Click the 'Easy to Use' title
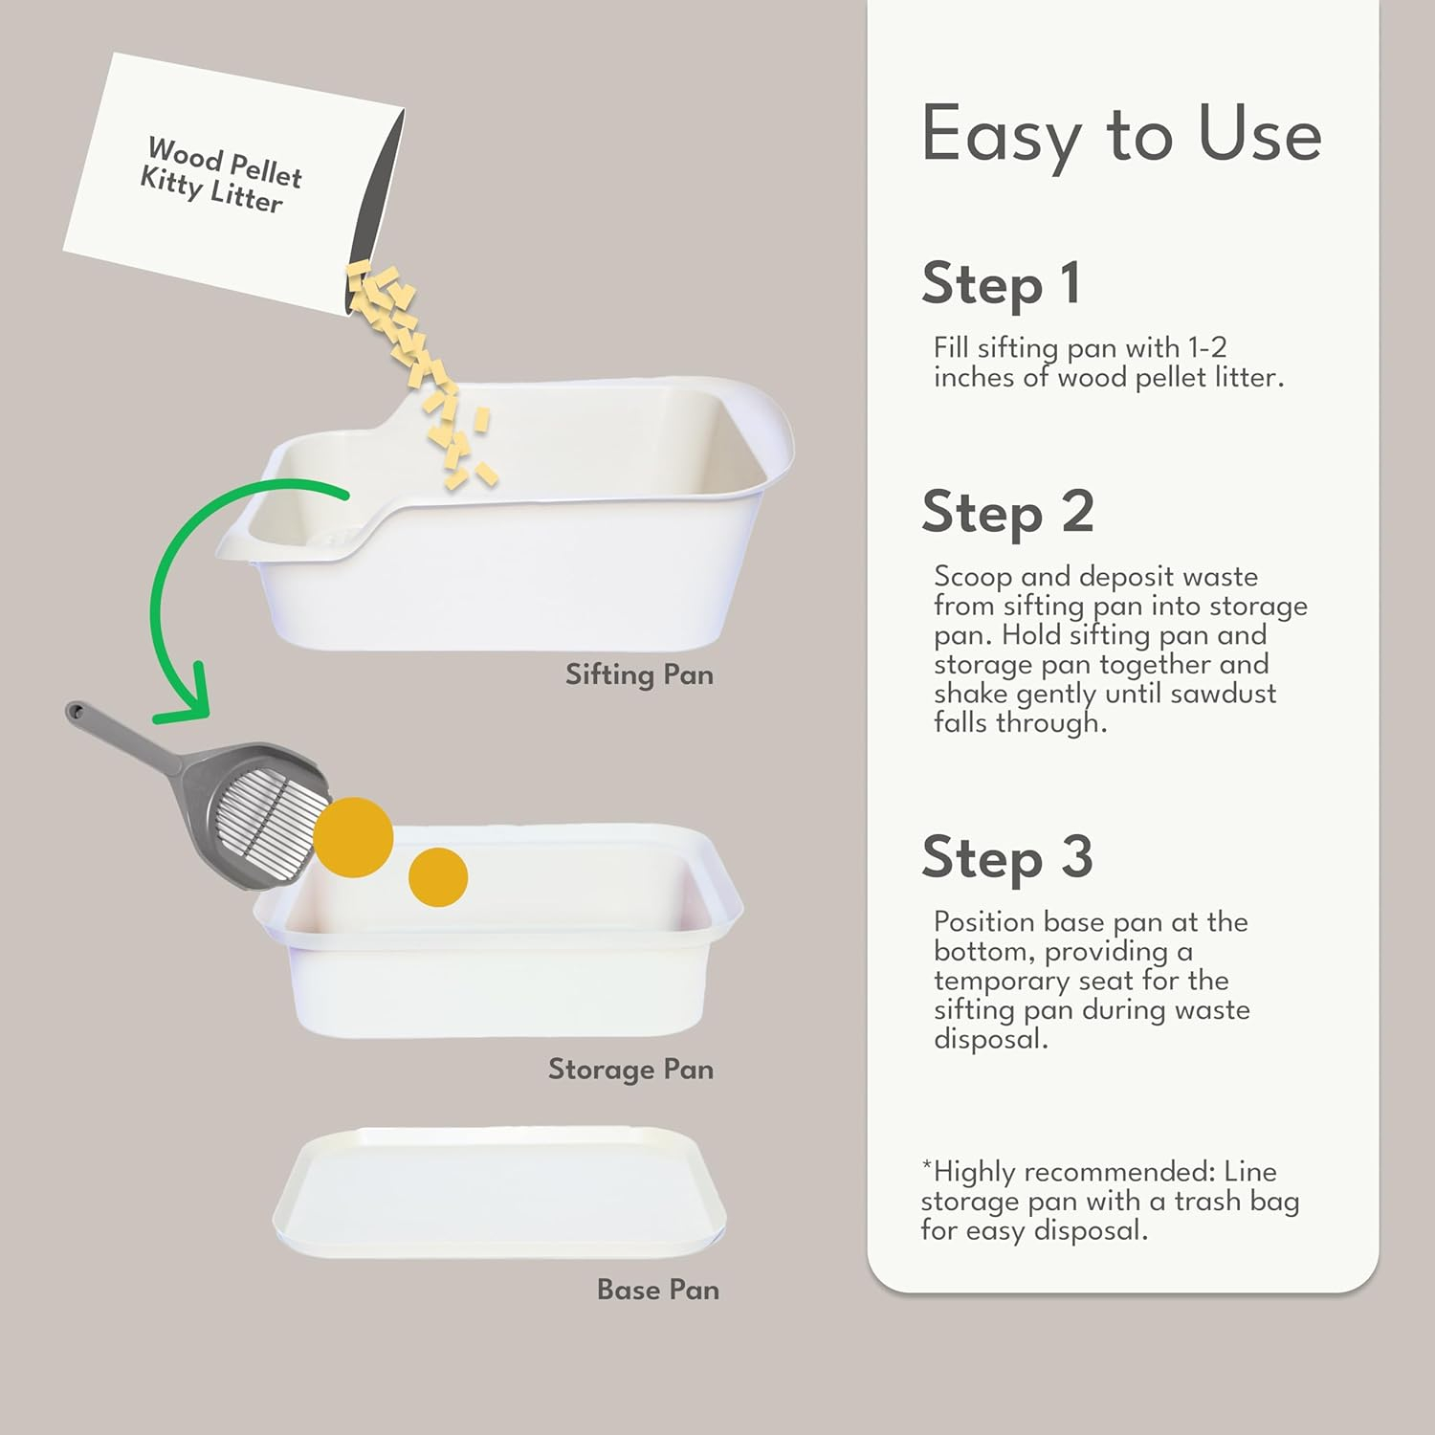tap(1120, 135)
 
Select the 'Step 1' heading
tap(1001, 284)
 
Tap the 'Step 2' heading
tap(1007, 513)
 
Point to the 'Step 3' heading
tap(1007, 857)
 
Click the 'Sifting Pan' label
tap(639, 675)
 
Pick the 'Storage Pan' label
tap(630, 1070)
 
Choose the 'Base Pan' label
tap(657, 1291)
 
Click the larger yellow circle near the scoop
tap(354, 837)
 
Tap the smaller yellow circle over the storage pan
tap(438, 876)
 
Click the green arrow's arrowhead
tap(187, 703)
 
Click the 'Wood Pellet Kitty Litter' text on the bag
tap(222, 176)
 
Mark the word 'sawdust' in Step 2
tap(1223, 694)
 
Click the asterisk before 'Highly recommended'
tap(926, 1166)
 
